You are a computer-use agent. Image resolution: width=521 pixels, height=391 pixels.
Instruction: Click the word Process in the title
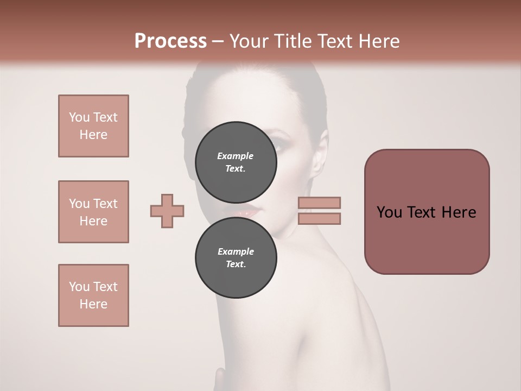170,41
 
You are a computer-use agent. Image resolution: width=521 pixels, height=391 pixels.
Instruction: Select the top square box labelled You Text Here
93,126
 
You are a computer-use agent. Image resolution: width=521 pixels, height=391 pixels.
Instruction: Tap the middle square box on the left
93,212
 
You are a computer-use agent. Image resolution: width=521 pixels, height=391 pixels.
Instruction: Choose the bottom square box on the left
93,295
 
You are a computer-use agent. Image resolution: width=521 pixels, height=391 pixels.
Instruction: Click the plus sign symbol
167,211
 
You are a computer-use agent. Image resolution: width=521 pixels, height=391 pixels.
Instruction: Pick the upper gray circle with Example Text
236,162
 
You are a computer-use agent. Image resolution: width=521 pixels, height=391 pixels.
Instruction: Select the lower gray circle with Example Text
236,257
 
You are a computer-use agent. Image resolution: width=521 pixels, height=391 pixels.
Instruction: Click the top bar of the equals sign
320,203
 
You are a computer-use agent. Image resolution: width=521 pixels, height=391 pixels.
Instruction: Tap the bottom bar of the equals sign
320,218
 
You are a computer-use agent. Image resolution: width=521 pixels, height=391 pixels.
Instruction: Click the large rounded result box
427,212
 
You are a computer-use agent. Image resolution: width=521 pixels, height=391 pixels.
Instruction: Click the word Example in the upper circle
236,156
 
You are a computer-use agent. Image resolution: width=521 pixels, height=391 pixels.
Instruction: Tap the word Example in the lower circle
236,251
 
